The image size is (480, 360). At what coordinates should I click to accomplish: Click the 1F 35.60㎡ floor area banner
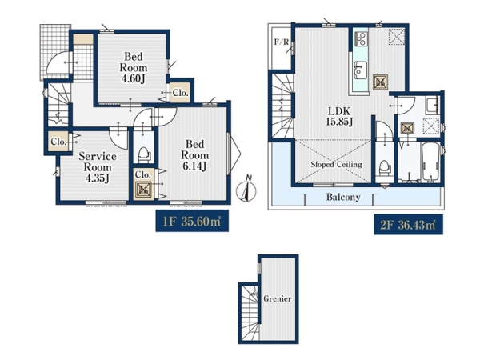[x=192, y=221]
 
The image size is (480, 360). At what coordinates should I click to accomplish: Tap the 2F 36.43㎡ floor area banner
[x=408, y=225]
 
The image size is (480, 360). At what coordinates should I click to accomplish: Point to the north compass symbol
[x=246, y=189]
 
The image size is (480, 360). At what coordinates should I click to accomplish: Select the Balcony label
[x=343, y=197]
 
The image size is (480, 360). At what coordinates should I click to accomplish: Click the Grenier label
[x=278, y=298]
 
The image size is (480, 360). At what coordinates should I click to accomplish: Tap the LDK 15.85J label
[x=339, y=116]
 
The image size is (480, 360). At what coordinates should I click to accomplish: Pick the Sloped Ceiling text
[x=336, y=164]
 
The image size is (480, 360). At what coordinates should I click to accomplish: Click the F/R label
[x=281, y=42]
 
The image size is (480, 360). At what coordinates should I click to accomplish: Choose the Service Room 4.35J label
[x=98, y=167]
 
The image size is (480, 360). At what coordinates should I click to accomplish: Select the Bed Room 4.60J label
[x=133, y=67]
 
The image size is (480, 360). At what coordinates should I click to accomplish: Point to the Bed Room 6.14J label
[x=194, y=155]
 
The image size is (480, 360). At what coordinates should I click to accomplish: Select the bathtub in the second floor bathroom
[x=430, y=162]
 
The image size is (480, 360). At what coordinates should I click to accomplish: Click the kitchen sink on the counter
[x=360, y=68]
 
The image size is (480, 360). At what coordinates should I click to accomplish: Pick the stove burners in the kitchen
[x=361, y=39]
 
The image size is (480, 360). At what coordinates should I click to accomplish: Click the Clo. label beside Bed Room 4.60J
[x=180, y=93]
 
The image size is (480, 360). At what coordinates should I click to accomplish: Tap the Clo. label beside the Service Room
[x=58, y=142]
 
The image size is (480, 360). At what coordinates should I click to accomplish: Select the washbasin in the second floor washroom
[x=432, y=106]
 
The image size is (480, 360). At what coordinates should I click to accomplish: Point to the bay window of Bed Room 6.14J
[x=234, y=154]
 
